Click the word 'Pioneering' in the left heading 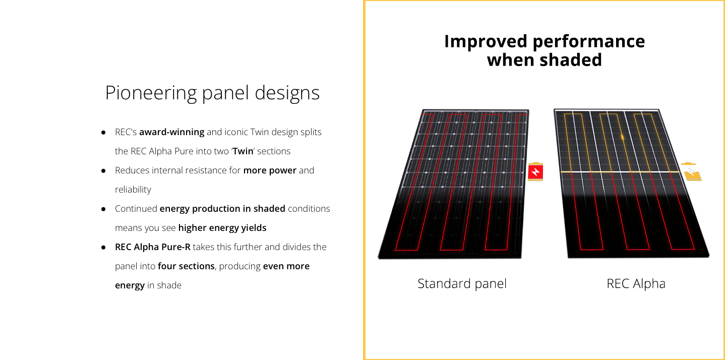point(151,93)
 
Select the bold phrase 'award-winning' point(171,132)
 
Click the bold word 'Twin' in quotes point(243,151)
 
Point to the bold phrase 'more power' point(270,170)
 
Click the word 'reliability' point(133,190)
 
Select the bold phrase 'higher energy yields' point(222,228)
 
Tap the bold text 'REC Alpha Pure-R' point(153,247)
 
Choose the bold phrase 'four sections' point(186,266)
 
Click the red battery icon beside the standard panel point(535,171)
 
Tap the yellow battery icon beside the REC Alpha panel point(692,172)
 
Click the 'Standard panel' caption point(462,283)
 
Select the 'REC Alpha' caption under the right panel point(636,283)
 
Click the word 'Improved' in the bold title point(486,42)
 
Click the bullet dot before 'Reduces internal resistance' point(103,170)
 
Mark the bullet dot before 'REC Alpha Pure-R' point(103,248)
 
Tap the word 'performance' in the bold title point(589,42)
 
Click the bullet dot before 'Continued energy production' point(103,209)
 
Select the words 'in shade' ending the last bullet point(164,285)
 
